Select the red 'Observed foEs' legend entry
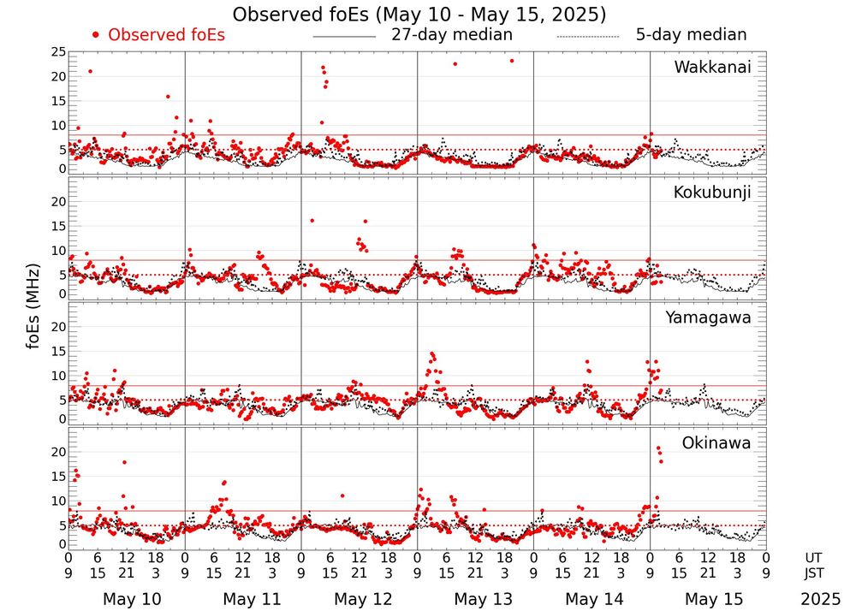point(159,35)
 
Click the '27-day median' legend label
point(452,35)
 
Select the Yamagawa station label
point(708,317)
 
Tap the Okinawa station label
point(716,443)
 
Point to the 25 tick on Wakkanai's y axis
point(57,52)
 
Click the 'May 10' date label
point(131,599)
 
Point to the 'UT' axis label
point(813,556)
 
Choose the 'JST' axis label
point(813,572)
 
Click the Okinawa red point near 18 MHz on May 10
point(125,462)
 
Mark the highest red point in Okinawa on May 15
point(657,448)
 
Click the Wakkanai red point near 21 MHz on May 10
point(90,71)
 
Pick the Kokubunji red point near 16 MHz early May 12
point(312,221)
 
